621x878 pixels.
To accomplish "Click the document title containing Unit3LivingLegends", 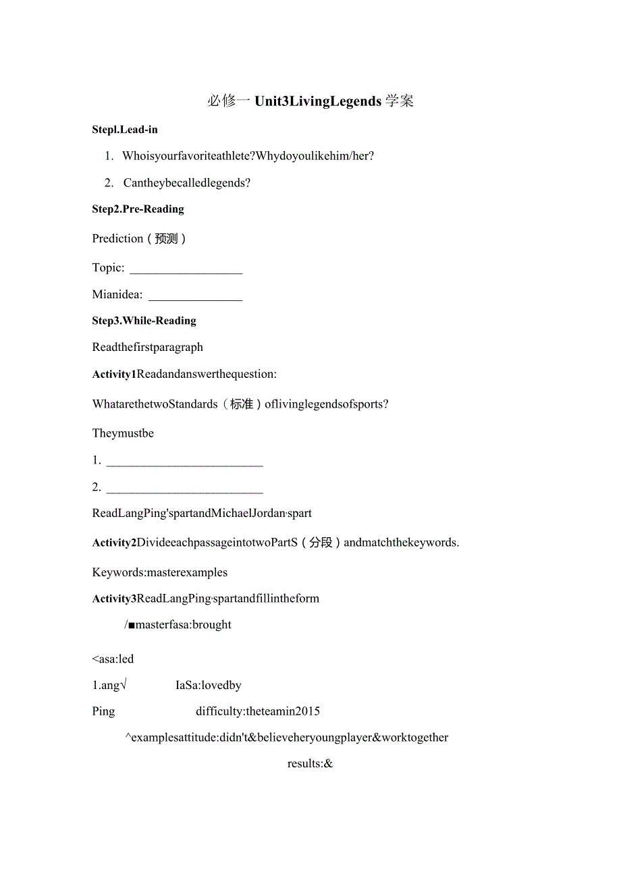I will click(310, 101).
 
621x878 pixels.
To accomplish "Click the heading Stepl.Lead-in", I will click(125, 130).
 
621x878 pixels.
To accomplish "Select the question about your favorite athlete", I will click(248, 156).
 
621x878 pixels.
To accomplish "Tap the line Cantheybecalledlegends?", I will click(187, 183).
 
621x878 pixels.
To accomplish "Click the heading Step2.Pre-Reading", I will click(138, 209).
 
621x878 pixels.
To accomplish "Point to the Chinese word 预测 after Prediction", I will click(166, 239).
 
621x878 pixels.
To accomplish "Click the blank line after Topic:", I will click(186, 271).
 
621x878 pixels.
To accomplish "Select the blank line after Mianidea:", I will click(195, 298).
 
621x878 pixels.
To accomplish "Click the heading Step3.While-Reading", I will click(144, 321).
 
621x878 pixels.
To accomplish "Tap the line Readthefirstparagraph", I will click(147, 348).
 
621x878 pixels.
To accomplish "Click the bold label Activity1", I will click(114, 374).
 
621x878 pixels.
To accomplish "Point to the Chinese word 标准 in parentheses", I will click(241, 404).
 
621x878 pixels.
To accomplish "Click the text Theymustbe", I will click(123, 433).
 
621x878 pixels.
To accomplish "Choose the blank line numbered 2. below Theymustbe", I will click(184, 491).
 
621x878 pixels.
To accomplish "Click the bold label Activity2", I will click(114, 543).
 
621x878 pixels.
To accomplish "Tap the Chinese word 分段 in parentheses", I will click(321, 543).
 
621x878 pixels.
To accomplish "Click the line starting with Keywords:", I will click(160, 572).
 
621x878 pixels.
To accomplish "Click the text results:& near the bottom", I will click(310, 764).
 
